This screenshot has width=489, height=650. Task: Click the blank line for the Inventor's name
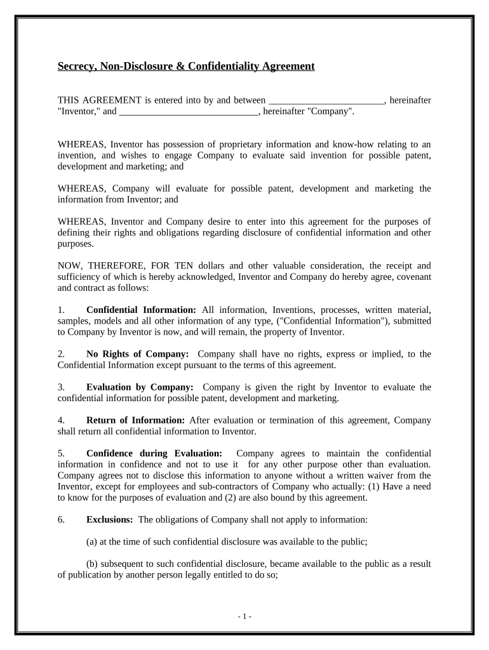coord(326,101)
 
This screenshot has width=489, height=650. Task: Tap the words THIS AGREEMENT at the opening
coord(99,100)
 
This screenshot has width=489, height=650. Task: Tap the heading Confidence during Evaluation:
coord(154,453)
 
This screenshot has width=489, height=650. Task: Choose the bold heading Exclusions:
coord(109,519)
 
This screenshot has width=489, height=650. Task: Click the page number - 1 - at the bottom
coord(245,616)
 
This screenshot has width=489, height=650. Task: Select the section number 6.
coord(61,519)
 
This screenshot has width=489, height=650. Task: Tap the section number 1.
coord(61,310)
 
